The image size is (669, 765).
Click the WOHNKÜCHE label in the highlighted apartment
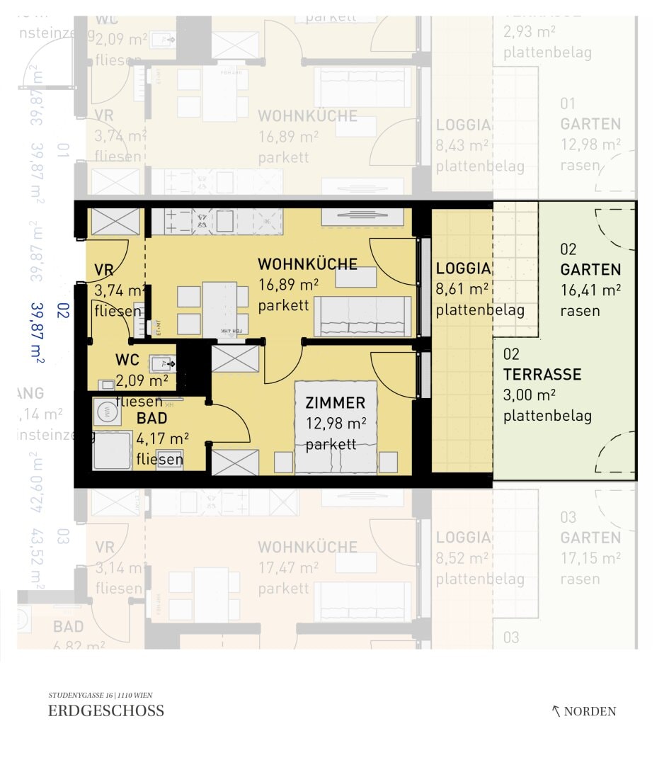(x=307, y=264)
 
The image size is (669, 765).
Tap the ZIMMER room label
(x=336, y=403)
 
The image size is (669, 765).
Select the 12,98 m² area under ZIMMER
(x=336, y=424)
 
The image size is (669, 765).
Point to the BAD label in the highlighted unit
(x=151, y=419)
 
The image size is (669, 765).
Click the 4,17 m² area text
(x=162, y=439)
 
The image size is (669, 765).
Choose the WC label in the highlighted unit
(x=127, y=361)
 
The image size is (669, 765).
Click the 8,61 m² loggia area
(x=462, y=289)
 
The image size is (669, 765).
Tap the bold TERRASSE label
(x=542, y=375)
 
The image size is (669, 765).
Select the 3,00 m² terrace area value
(x=529, y=395)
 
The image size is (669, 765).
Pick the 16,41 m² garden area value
(x=590, y=290)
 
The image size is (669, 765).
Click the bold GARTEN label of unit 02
(x=590, y=270)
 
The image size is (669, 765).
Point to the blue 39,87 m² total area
(x=37, y=333)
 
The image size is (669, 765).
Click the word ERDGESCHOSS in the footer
(x=106, y=711)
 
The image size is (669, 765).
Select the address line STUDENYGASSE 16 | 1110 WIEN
(x=100, y=696)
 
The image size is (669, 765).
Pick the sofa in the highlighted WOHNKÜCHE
(x=362, y=317)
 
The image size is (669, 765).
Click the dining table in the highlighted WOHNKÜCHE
(x=219, y=309)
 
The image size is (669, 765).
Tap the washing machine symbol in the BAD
(x=105, y=410)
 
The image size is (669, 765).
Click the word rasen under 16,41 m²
(x=580, y=310)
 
